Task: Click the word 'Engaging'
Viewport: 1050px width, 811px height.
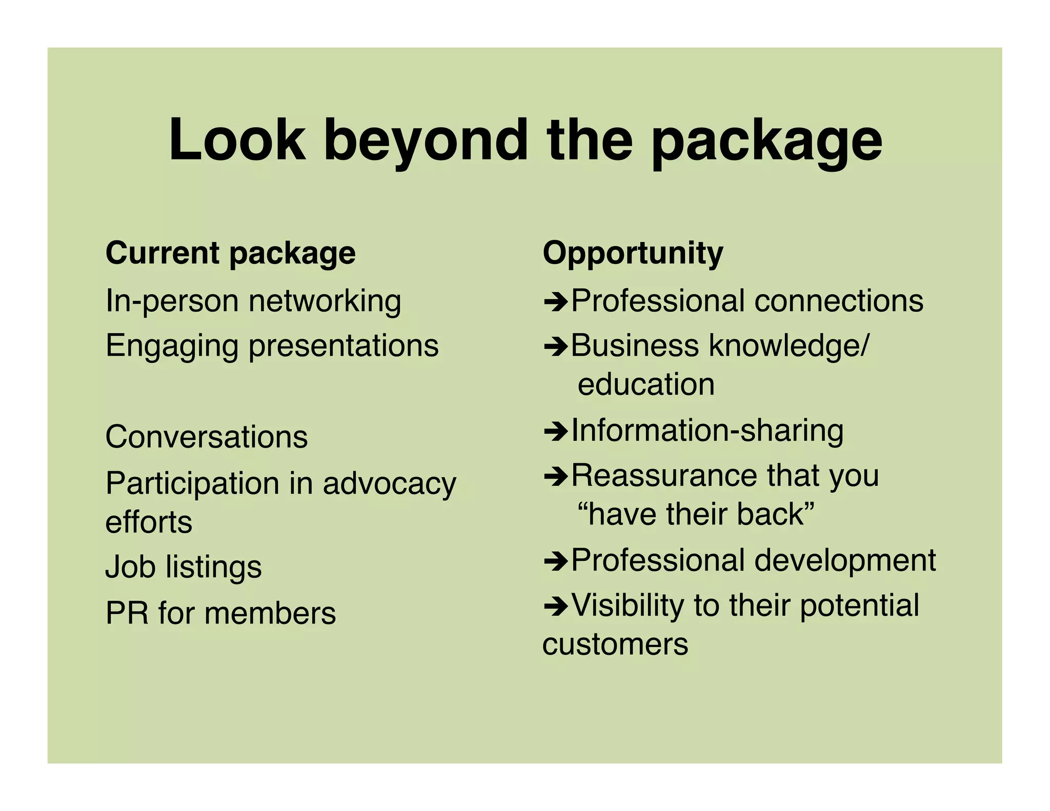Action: tap(172, 346)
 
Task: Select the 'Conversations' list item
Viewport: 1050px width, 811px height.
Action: tap(206, 437)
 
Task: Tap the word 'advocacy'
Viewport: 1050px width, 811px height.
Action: tap(389, 483)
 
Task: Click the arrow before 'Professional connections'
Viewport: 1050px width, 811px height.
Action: tap(555, 302)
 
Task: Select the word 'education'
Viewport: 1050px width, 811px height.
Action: tap(645, 384)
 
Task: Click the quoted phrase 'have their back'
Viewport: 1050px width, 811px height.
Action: tap(696, 514)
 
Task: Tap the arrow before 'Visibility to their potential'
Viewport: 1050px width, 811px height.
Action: tap(555, 606)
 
